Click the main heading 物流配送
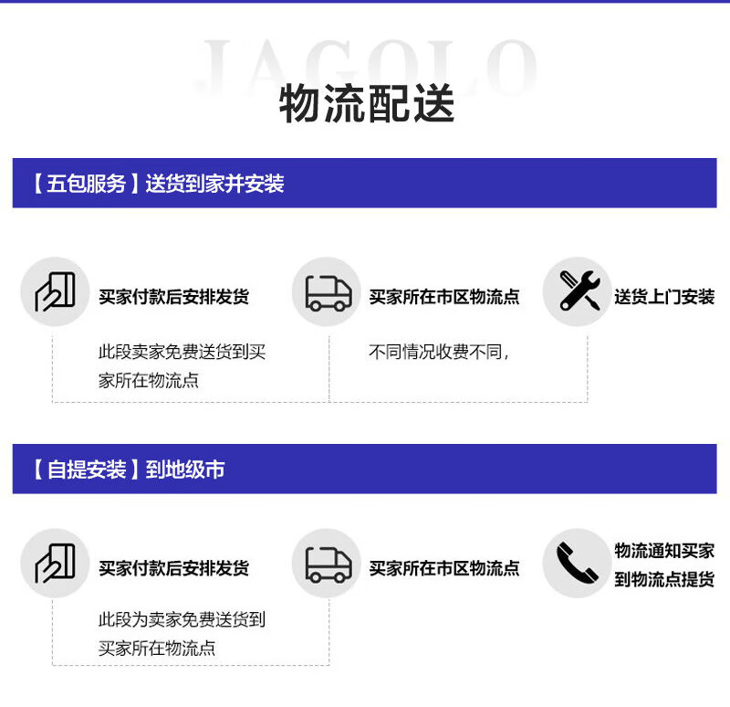coord(366,105)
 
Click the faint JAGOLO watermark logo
coord(366,64)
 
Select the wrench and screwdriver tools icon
coord(577,291)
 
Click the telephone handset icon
coord(577,563)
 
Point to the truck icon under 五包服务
coord(328,292)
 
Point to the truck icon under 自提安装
coord(328,564)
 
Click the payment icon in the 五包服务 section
coord(55,291)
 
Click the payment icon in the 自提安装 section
coord(55,564)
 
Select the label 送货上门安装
coord(663,297)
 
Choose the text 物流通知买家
coord(663,551)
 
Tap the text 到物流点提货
coord(663,579)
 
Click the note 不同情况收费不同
coord(438,352)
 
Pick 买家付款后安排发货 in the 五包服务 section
coord(173,297)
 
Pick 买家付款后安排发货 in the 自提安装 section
coord(173,568)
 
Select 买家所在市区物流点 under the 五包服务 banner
coord(443,297)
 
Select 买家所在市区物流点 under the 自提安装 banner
coord(443,568)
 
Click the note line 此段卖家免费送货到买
coord(182,352)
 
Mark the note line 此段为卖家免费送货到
coord(182,619)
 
